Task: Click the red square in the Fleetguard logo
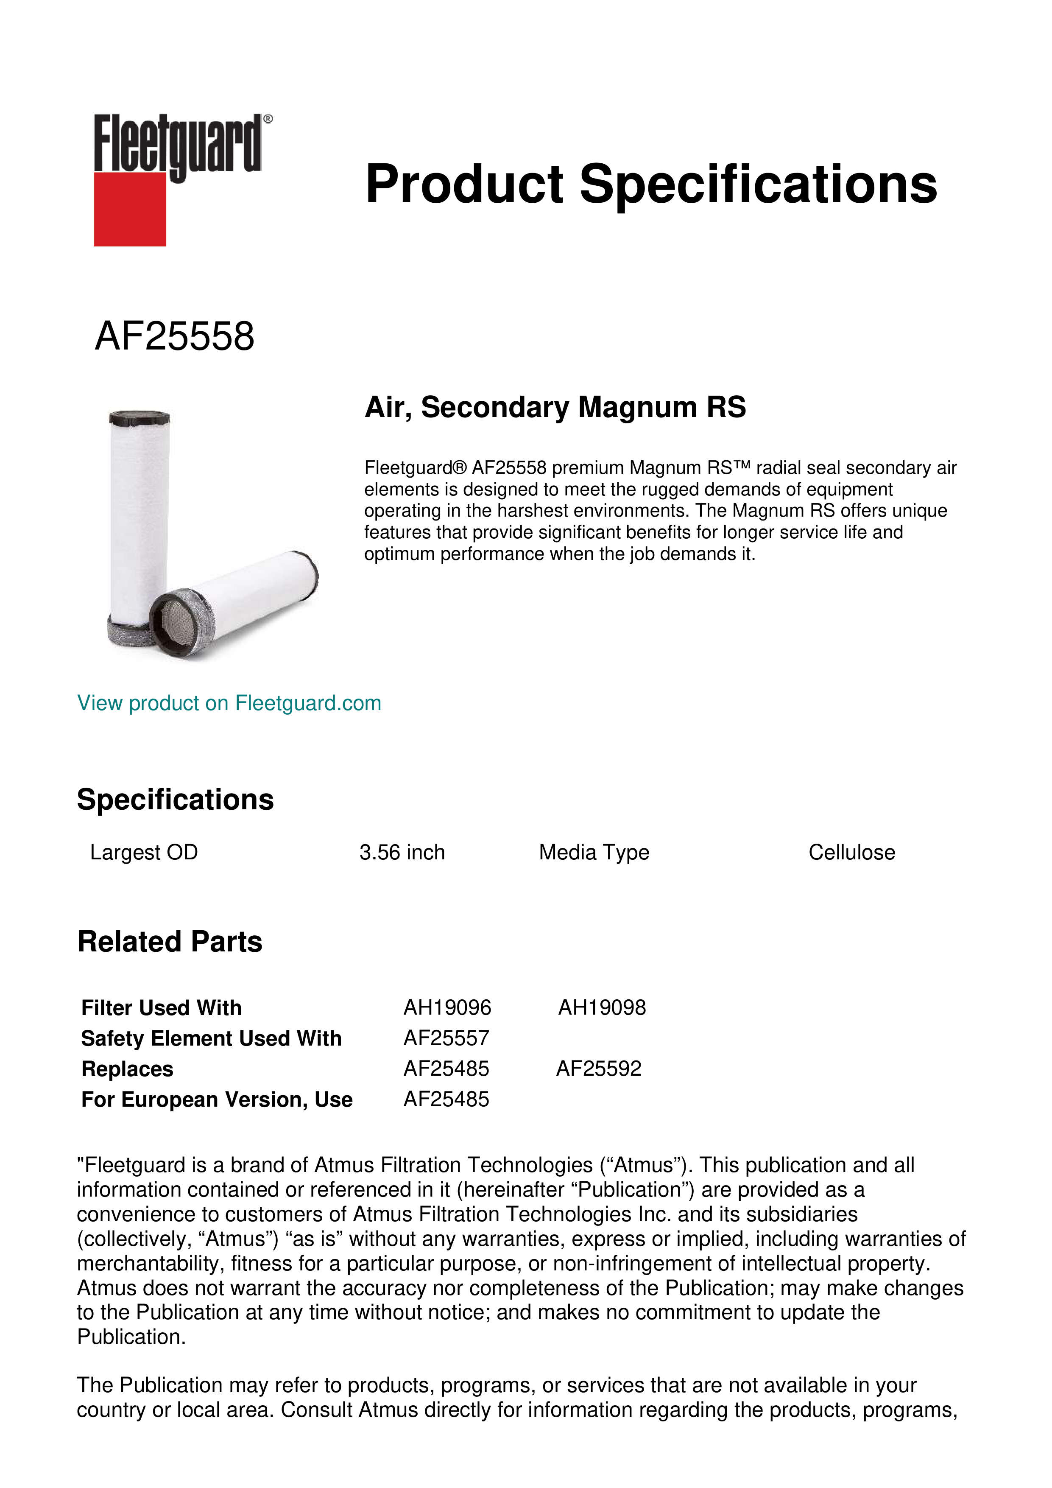(x=130, y=209)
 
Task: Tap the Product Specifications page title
(x=650, y=184)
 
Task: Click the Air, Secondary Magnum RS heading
(x=555, y=407)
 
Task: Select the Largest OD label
(x=144, y=852)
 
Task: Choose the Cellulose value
(x=851, y=852)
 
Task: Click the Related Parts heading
(x=170, y=942)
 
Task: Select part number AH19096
(x=447, y=1008)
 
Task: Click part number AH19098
(x=602, y=1008)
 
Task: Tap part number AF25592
(x=599, y=1068)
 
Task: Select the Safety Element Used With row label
(x=211, y=1038)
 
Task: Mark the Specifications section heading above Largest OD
(x=175, y=800)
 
